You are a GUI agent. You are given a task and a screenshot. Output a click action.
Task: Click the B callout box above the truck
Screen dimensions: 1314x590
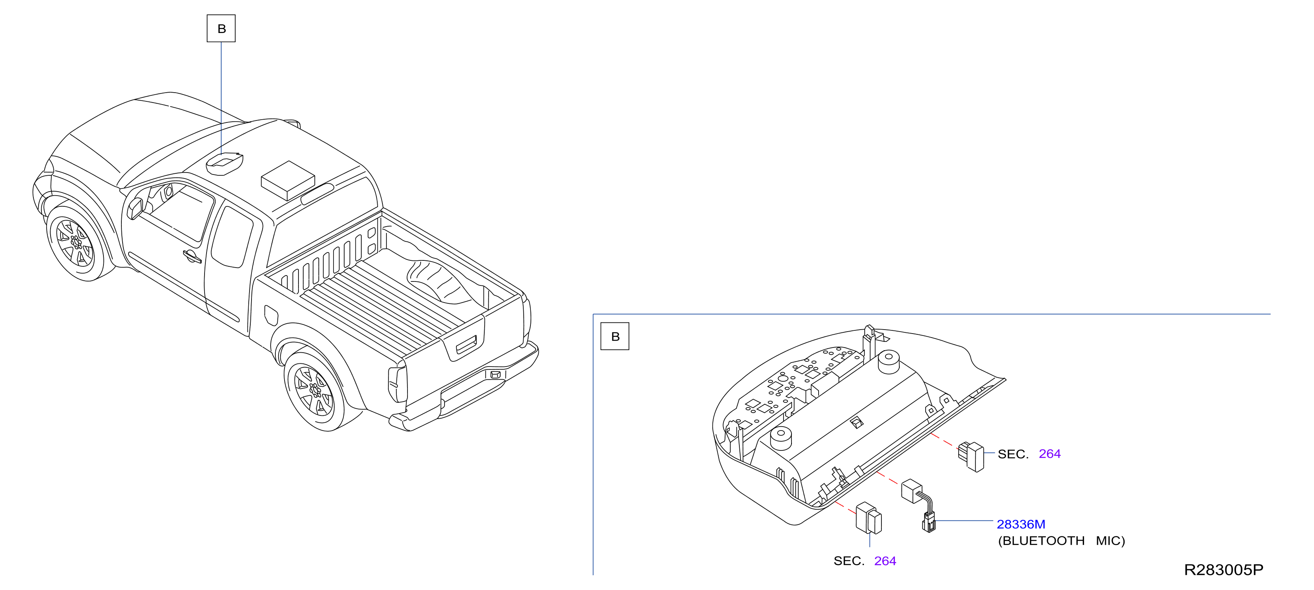221,29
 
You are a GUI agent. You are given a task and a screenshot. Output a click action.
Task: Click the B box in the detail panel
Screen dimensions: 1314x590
615,336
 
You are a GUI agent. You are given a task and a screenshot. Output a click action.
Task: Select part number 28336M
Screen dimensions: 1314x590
1021,524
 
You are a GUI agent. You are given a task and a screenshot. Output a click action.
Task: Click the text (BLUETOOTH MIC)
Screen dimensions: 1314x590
1061,541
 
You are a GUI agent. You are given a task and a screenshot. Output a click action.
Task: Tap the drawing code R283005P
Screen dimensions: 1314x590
1223,570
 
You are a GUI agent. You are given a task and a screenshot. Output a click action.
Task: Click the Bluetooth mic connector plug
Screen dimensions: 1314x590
929,522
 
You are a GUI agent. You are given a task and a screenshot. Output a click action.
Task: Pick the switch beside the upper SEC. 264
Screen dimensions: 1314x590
971,456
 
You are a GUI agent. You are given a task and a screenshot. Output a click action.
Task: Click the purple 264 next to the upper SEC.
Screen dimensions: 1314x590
1050,454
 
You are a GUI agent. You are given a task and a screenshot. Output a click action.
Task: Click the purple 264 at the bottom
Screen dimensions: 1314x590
885,561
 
